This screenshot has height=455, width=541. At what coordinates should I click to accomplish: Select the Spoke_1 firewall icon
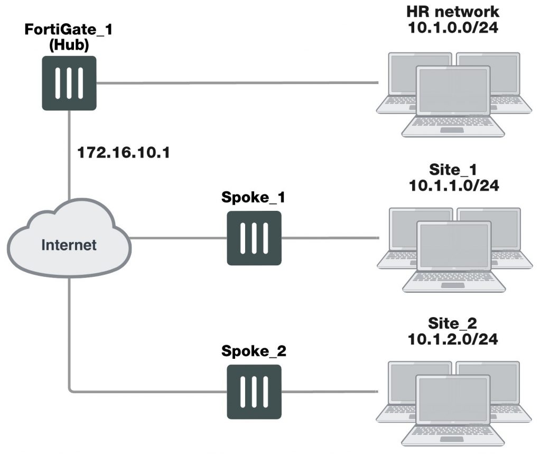point(254,238)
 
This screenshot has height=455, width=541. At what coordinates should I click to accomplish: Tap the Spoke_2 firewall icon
point(254,392)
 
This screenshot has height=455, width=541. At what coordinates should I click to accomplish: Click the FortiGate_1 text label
point(69,30)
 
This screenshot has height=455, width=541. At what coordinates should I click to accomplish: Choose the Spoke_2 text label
point(253,352)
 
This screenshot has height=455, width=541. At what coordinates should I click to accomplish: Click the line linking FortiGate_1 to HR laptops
point(238,83)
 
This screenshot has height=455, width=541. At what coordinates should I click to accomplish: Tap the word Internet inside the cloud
point(69,245)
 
